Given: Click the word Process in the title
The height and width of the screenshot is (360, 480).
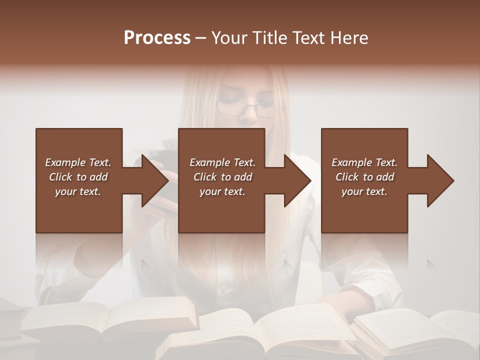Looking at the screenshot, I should (157, 38).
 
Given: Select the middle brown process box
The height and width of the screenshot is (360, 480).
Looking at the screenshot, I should (221, 210).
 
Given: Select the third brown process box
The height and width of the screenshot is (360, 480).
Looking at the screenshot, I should (364, 210).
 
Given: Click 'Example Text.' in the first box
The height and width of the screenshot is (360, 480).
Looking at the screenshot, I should (78, 162).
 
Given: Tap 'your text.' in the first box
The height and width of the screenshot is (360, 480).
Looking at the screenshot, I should (78, 191).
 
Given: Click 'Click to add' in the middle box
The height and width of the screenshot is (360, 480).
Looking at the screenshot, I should (222, 177).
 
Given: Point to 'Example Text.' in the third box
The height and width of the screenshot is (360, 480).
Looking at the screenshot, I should (364, 162).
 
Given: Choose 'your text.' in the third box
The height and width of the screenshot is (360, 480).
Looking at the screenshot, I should (364, 191).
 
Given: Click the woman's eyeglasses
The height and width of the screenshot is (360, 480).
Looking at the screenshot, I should (245, 108).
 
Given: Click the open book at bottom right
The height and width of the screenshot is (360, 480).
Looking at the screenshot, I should (420, 330).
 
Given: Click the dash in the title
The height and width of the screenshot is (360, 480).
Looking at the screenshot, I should (201, 38).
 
